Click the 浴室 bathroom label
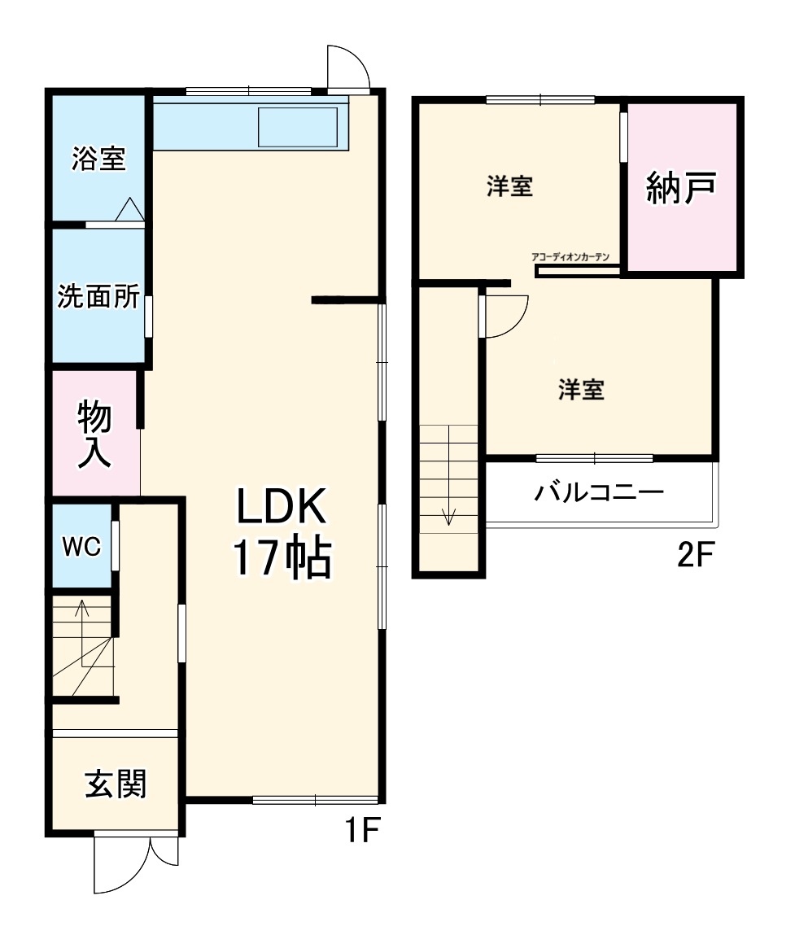click(x=98, y=159)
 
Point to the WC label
click(x=82, y=547)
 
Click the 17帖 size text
click(x=282, y=559)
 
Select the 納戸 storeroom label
click(x=681, y=188)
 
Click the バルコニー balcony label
click(x=599, y=492)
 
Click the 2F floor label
click(x=695, y=557)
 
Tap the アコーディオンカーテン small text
click(x=570, y=257)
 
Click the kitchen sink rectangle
click(x=297, y=127)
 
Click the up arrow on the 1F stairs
click(x=81, y=612)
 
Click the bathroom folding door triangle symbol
click(x=129, y=210)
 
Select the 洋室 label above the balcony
click(x=581, y=390)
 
